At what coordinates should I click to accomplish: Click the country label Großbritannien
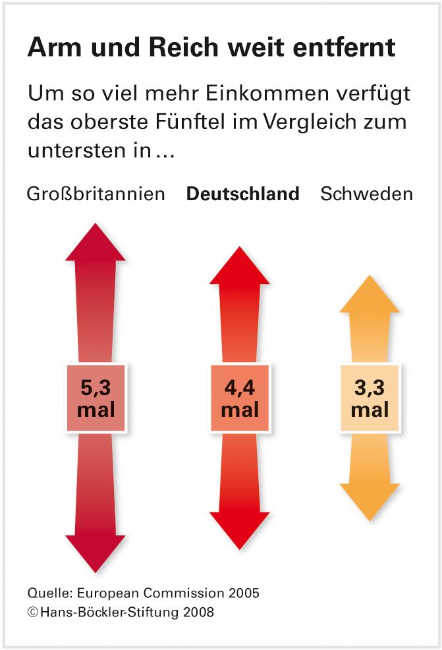pos(96,194)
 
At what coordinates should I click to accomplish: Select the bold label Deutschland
pos(242,194)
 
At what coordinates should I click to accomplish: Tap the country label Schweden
pos(366,194)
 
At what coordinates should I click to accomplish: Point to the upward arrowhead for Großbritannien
pos(96,244)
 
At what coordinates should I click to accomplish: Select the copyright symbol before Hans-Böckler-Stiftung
pos(32,612)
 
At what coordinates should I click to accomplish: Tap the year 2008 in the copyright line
pos(197,612)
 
